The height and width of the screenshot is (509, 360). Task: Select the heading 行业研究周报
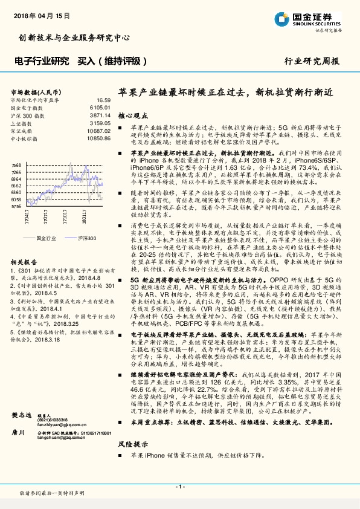pyautogui.click(x=320, y=62)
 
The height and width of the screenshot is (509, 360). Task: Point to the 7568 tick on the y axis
pyautogui.click(x=16, y=164)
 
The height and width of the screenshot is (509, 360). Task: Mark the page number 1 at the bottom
pyautogui.click(x=179, y=487)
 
